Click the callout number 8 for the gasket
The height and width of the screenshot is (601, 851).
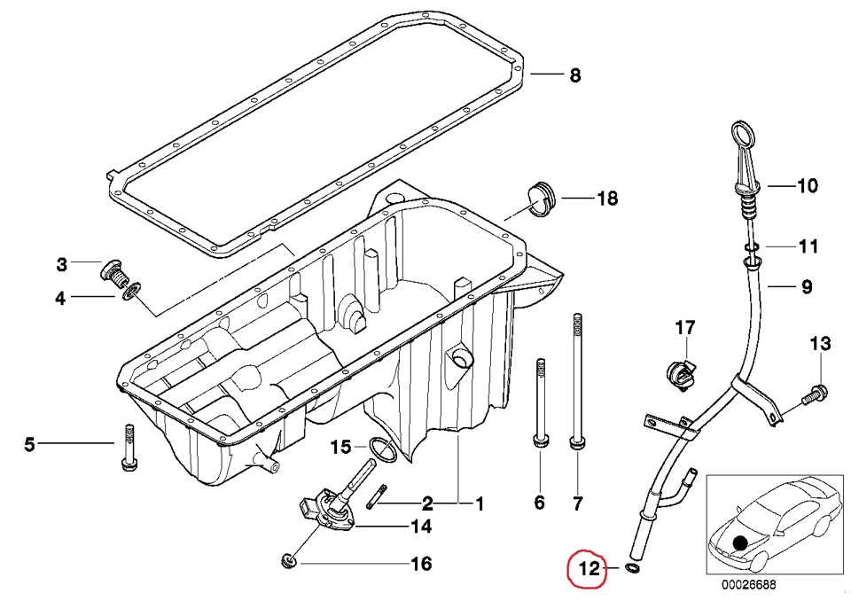click(x=575, y=76)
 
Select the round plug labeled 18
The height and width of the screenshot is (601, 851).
click(x=538, y=198)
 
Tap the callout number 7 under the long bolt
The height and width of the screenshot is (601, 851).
click(x=577, y=504)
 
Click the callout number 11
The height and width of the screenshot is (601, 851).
click(x=808, y=246)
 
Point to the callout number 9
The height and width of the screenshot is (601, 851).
click(x=807, y=286)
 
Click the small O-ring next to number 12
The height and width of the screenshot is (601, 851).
click(x=632, y=567)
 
